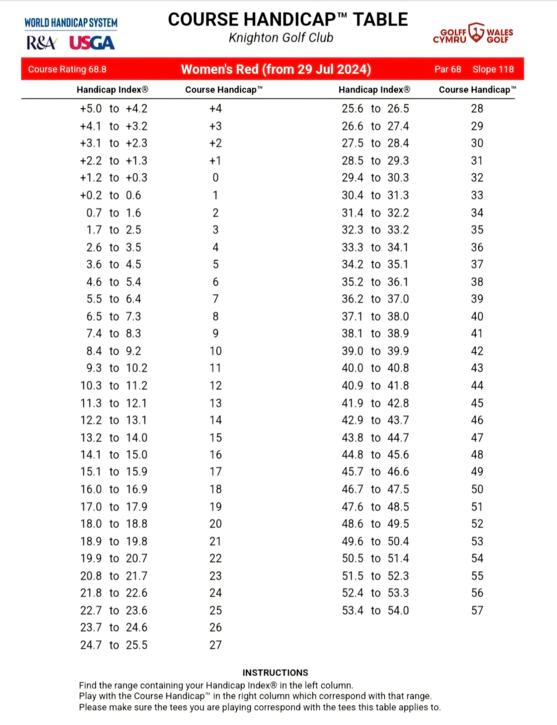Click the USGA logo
(92, 43)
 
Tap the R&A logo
(41, 43)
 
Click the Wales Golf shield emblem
(476, 33)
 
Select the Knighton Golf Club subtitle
(281, 38)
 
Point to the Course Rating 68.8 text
(67, 69)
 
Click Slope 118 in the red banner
(493, 69)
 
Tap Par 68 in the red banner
(448, 69)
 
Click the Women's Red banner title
(276, 69)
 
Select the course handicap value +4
(215, 108)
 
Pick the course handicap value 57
(477, 610)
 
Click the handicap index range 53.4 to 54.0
(375, 610)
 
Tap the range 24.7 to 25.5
(114, 645)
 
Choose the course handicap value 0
(215, 178)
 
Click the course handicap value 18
(215, 489)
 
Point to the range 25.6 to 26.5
(375, 108)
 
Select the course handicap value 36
(477, 247)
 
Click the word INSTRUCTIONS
(275, 673)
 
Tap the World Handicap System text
(71, 23)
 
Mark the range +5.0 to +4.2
(114, 108)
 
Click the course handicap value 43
(477, 368)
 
